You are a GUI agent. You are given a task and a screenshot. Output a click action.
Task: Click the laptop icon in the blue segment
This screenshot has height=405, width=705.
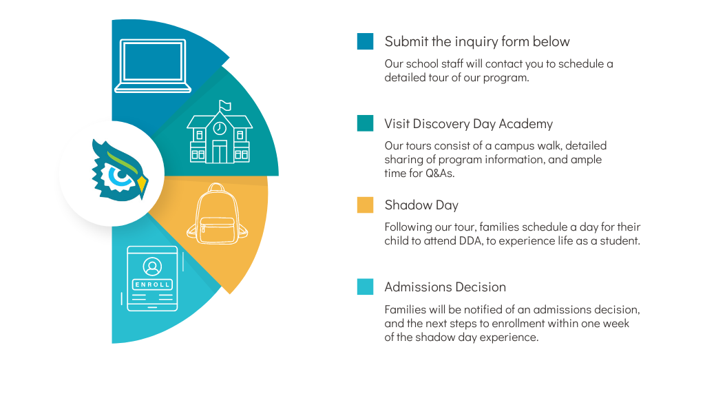(x=153, y=65)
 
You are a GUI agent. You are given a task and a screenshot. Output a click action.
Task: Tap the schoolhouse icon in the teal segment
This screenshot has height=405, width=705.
(x=220, y=132)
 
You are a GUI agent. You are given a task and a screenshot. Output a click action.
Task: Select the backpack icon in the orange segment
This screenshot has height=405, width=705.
(x=217, y=214)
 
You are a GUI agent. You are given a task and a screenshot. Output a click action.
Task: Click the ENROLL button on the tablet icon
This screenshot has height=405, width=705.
(x=152, y=284)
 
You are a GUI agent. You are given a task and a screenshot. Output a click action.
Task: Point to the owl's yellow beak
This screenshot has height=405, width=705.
(x=142, y=185)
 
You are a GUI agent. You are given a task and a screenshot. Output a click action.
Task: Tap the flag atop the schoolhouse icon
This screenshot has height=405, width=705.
(x=224, y=106)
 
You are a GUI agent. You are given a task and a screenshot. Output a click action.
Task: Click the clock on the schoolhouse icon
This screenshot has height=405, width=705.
(x=220, y=128)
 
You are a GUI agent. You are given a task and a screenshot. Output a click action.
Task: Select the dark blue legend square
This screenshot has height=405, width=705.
(x=365, y=41)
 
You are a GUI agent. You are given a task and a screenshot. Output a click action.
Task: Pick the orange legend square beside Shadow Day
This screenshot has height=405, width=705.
(x=365, y=205)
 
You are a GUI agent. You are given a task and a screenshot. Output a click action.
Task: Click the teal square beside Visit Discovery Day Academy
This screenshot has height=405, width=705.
(x=365, y=123)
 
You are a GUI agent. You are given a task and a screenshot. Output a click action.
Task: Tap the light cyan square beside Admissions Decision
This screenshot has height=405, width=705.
(x=365, y=287)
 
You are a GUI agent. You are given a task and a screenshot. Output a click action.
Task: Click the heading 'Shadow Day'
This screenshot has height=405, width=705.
(x=421, y=205)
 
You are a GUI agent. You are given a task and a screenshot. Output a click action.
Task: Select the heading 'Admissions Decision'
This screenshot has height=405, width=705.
(x=445, y=287)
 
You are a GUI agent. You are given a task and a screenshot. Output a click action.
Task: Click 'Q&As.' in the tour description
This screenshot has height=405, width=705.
(x=440, y=174)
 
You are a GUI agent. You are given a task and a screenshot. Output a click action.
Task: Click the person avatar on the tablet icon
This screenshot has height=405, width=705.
(x=152, y=267)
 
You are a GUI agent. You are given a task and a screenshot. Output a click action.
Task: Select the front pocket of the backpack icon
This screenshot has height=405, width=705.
(x=217, y=230)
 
